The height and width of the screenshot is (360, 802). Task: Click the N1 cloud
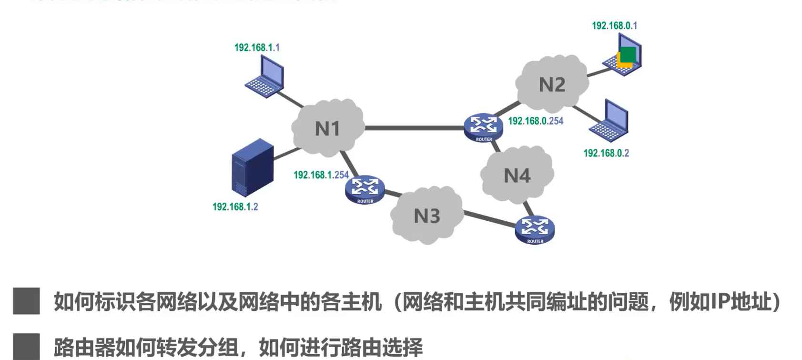tap(327, 128)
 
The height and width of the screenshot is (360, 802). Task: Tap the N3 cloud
tap(426, 216)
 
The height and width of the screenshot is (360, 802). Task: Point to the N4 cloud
tap(517, 175)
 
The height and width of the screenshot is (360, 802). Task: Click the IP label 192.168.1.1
tap(257, 48)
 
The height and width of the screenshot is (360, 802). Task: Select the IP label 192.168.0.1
tap(614, 26)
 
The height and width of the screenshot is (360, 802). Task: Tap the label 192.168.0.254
tap(535, 121)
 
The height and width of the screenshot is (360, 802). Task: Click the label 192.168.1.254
tap(321, 175)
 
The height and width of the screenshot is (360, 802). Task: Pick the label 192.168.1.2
tap(235, 207)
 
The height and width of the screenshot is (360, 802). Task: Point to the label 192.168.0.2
tap(606, 153)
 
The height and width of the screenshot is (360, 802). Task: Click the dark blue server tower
tap(252, 167)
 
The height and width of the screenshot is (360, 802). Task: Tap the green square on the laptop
tap(628, 55)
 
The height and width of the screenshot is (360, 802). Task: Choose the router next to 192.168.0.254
tap(483, 127)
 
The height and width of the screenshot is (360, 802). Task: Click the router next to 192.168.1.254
tap(365, 188)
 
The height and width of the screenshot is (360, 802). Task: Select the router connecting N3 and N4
tap(535, 229)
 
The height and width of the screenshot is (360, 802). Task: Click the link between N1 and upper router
tap(414, 128)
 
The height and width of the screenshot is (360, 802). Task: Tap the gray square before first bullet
tap(26, 301)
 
